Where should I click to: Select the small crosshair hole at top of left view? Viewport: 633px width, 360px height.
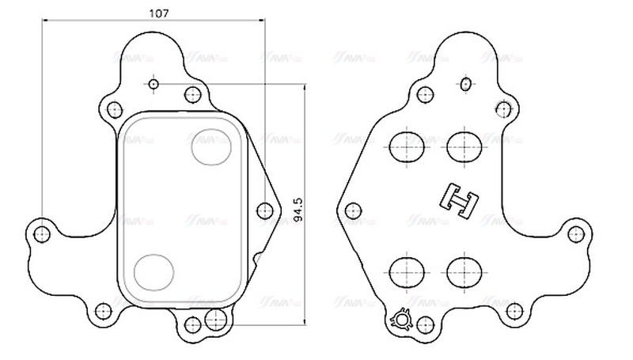click(154, 84)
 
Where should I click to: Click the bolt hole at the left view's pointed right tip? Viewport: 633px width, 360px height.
click(264, 210)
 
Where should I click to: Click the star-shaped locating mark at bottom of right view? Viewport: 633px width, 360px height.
click(401, 320)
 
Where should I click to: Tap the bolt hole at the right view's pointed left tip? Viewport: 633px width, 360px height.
click(354, 210)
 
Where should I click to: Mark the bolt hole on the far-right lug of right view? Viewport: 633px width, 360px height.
click(577, 233)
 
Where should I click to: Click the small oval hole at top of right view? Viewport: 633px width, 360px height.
click(466, 83)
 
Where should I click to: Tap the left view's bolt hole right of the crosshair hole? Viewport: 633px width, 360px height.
click(191, 95)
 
